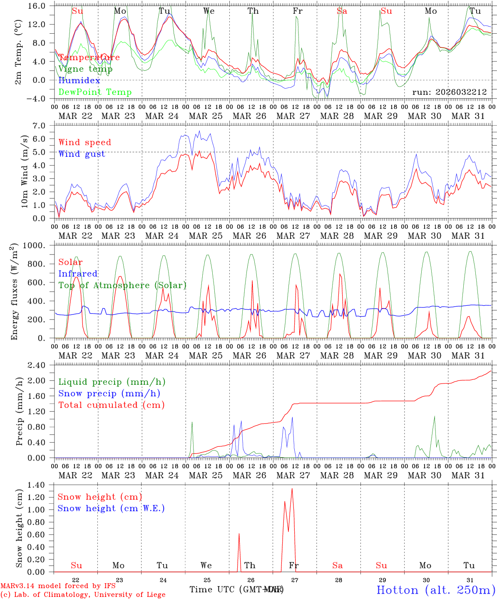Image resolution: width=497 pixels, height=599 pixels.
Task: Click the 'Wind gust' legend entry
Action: click(x=82, y=154)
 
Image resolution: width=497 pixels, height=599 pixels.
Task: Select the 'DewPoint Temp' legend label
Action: click(x=95, y=92)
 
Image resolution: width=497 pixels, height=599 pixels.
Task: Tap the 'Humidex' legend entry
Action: click(x=79, y=80)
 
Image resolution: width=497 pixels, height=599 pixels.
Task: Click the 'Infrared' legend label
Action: click(x=78, y=274)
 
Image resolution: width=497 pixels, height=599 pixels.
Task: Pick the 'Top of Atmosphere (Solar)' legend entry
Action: click(x=122, y=285)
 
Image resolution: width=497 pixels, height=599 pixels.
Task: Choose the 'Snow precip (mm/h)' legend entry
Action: click(x=109, y=394)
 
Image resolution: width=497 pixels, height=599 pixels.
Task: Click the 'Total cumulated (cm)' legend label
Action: click(x=111, y=405)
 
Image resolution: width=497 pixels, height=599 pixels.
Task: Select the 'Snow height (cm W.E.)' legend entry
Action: click(x=111, y=508)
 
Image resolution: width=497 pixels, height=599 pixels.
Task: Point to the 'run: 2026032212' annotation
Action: click(x=449, y=92)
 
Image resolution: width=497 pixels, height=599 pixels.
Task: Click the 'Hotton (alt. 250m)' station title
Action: click(x=436, y=590)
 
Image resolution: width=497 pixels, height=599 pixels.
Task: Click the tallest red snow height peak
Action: click(x=292, y=489)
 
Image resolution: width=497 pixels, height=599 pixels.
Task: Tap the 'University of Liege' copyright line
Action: click(x=83, y=594)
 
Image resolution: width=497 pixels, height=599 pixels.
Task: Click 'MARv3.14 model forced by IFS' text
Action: click(x=58, y=586)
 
